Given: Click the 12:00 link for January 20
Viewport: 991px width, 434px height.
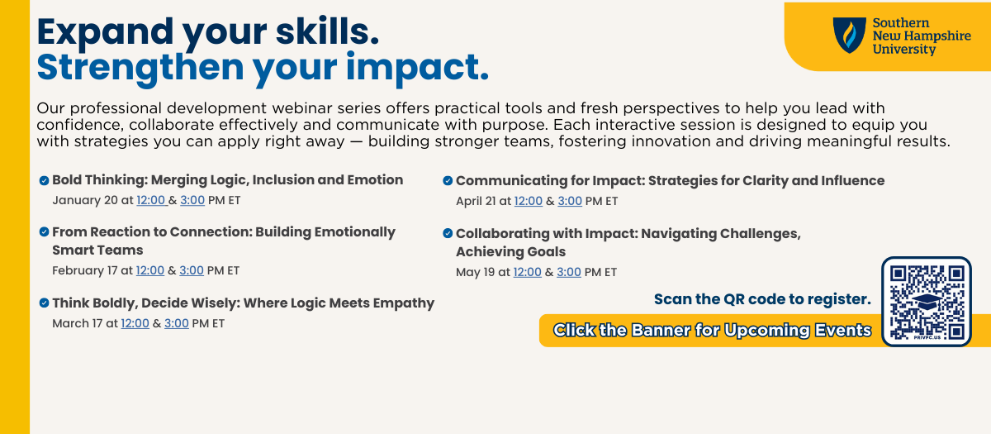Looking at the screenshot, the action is [152, 200].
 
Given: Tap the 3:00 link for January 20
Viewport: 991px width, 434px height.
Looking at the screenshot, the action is [192, 200].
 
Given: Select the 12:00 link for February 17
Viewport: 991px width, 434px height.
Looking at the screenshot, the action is [150, 270].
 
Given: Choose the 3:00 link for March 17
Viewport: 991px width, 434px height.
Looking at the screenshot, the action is [177, 323].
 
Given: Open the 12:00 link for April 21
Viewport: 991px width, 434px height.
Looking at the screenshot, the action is [529, 201].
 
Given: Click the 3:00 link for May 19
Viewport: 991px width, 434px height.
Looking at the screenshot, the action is [569, 272].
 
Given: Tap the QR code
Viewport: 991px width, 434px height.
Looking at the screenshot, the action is [927, 302].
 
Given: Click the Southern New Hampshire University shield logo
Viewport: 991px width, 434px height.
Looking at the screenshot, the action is [850, 36].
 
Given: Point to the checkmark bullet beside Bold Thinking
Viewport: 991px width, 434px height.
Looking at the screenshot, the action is [45, 180].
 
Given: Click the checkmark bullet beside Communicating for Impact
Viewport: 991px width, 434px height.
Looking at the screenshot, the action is [448, 181].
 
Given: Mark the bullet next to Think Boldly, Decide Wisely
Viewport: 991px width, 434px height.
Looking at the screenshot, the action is [45, 303].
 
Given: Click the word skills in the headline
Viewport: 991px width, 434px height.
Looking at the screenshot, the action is [327, 32].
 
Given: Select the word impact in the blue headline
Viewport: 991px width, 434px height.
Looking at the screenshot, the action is [418, 68].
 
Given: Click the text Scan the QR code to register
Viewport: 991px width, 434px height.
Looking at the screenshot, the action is [762, 299].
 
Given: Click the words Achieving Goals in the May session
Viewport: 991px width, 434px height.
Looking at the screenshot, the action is [511, 252].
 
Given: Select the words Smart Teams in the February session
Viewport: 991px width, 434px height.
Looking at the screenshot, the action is [97, 250].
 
